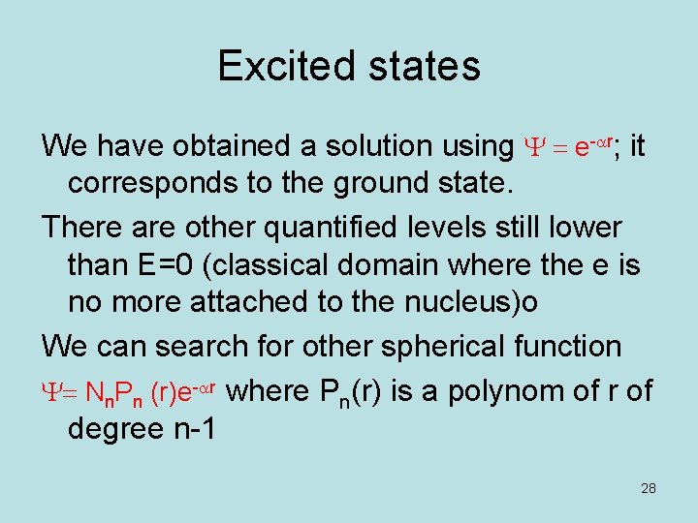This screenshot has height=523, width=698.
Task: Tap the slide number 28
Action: (x=649, y=488)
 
